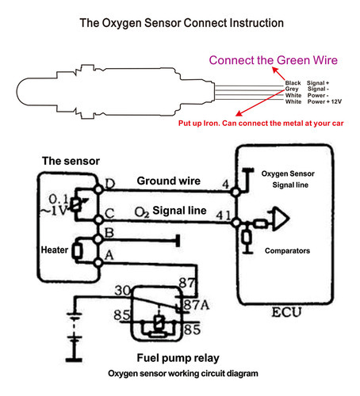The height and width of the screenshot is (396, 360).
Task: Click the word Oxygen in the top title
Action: pyautogui.click(x=122, y=23)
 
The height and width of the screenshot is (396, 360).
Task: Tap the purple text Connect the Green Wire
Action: pyautogui.click(x=274, y=60)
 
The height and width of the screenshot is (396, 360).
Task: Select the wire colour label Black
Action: pyautogui.click(x=293, y=83)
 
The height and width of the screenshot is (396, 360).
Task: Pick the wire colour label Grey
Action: pyautogui.click(x=292, y=89)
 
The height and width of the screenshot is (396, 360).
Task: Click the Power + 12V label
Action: pyautogui.click(x=324, y=101)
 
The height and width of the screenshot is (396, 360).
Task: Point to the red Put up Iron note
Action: pyautogui.click(x=261, y=124)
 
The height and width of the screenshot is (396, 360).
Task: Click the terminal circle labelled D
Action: pyautogui.click(x=98, y=189)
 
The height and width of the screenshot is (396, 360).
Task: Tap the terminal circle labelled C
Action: pyautogui.click(x=98, y=219)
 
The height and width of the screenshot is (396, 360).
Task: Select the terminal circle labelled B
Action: pyautogui.click(x=98, y=239)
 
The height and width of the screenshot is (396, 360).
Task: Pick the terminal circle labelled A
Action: pyautogui.click(x=98, y=262)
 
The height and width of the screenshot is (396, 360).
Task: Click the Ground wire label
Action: pyautogui.click(x=169, y=181)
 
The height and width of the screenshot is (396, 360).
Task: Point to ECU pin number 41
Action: pyautogui.click(x=224, y=215)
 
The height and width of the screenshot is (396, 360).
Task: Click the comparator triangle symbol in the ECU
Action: pyautogui.click(x=281, y=219)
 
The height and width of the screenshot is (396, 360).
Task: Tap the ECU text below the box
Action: pyautogui.click(x=286, y=312)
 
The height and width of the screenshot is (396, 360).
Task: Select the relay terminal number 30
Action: pyautogui.click(x=122, y=291)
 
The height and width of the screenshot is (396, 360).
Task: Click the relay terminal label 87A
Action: pyautogui.click(x=196, y=305)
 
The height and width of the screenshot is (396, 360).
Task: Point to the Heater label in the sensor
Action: pyautogui.click(x=55, y=249)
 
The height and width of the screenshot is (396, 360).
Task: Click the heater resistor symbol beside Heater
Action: pyautogui.click(x=78, y=251)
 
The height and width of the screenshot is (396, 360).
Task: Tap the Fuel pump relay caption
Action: pyautogui.click(x=178, y=358)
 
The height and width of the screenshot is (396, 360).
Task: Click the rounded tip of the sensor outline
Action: pyautogui.click(x=17, y=92)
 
